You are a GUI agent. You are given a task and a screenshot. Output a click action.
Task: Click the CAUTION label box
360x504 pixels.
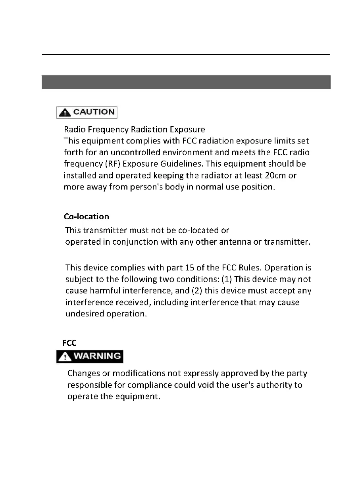(87, 112)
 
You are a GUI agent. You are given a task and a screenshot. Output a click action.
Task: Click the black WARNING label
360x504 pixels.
(90, 356)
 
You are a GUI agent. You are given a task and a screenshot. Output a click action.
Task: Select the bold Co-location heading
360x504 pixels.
(86, 217)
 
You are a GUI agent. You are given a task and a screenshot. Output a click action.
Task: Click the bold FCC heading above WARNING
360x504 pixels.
(69, 343)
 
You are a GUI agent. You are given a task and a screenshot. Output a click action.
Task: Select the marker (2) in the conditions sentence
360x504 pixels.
(197, 291)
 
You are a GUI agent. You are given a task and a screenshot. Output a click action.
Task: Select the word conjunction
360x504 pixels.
(135, 242)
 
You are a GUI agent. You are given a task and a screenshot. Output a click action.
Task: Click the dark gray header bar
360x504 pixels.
(186, 82)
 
